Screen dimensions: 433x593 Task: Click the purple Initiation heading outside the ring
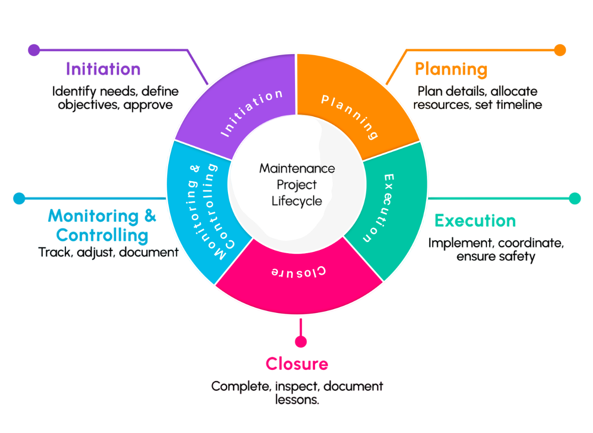[x=103, y=69]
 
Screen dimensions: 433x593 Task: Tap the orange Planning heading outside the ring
[x=451, y=70]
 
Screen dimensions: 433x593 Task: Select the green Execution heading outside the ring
[x=475, y=221]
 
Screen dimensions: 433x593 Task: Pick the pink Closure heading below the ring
[x=296, y=364]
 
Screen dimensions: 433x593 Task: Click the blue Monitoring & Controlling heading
[x=102, y=225]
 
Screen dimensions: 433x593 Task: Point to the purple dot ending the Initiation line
[x=34, y=50]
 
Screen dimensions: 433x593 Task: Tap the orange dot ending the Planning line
[x=560, y=50]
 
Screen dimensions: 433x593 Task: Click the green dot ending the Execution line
[x=574, y=198]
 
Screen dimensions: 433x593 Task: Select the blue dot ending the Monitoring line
[x=19, y=198]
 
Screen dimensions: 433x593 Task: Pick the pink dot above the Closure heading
[x=301, y=342]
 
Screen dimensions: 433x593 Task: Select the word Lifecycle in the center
[x=296, y=201]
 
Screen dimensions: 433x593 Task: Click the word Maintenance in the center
[x=296, y=168]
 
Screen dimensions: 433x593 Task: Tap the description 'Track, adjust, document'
[x=108, y=252]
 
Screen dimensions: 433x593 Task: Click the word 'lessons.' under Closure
[x=297, y=399]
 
